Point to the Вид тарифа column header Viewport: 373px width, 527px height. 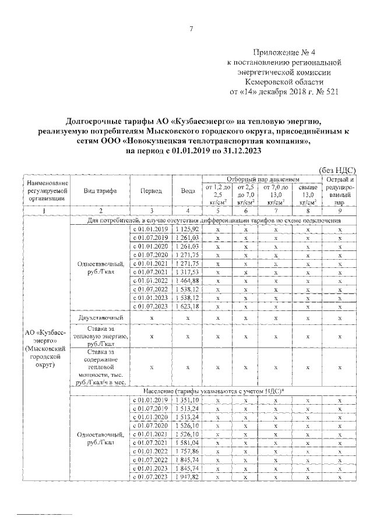[100, 191]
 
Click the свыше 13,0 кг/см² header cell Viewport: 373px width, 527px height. [308, 194]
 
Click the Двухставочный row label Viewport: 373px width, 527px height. [100, 318]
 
